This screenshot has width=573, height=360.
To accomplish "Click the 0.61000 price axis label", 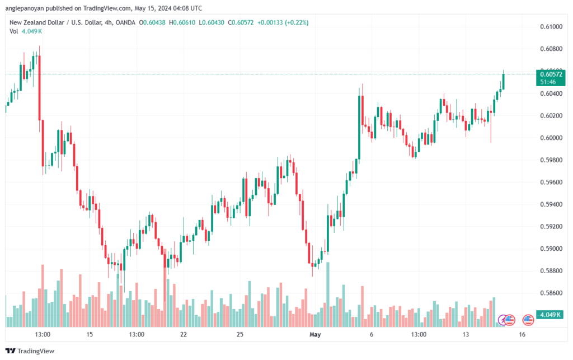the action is click(551, 27).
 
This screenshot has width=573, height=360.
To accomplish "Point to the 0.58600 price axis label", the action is click(551, 293).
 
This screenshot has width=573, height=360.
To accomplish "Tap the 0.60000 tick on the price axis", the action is click(551, 138).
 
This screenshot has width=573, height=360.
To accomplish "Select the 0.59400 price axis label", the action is click(551, 204).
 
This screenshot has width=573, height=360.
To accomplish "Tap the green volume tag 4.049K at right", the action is click(549, 315).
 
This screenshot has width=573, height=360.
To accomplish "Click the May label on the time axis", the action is click(315, 334).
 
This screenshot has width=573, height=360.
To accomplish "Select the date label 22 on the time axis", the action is click(184, 334).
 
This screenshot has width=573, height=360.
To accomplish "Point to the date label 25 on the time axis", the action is click(239, 334).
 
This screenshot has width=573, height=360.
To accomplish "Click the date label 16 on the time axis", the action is click(522, 334).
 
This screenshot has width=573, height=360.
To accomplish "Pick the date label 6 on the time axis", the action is click(372, 334).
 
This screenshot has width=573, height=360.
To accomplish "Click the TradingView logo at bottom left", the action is click(30, 351).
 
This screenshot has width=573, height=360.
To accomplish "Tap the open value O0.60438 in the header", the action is click(152, 22).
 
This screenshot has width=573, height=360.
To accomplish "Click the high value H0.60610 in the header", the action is click(182, 22).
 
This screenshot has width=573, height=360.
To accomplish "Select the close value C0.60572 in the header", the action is click(241, 22).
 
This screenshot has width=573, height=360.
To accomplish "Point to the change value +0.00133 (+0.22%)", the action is click(283, 22).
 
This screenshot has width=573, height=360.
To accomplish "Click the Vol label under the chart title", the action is click(13, 31).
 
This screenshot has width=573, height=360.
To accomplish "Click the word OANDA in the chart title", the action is click(125, 22).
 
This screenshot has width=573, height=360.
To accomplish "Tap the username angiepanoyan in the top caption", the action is click(25, 8).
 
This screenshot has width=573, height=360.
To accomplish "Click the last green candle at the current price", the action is click(503, 81).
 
